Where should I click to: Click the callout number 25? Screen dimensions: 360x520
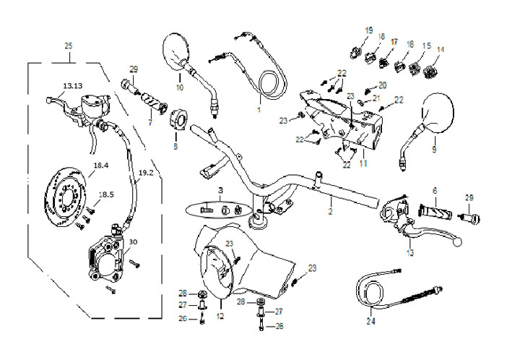[69, 46]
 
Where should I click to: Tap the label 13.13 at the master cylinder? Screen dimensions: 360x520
[72, 86]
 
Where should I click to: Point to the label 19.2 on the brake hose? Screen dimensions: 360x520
[145, 173]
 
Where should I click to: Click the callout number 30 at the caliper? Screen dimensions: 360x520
[132, 242]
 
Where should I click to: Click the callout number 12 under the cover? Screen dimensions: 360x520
[220, 315]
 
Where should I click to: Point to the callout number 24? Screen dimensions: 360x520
[371, 321]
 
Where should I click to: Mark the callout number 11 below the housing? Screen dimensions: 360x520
[363, 165]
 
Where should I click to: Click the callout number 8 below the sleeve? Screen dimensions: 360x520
[174, 145]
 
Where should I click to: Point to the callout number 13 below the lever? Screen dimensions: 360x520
[409, 253]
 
